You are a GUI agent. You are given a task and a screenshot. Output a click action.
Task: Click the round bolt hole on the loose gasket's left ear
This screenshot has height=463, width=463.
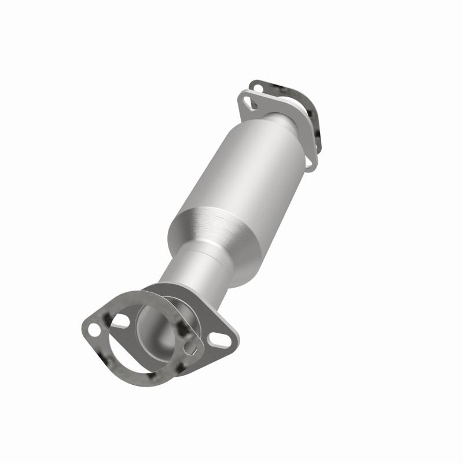[x=93, y=329]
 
